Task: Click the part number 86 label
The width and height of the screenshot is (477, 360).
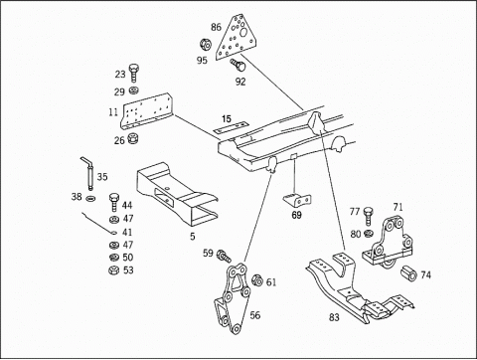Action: click(216, 27)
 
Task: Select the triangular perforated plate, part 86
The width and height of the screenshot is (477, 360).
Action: click(237, 38)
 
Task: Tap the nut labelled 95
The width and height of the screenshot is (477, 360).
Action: click(206, 45)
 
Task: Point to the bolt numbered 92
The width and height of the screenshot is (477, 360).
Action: click(238, 65)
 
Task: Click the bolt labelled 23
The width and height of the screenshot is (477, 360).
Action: click(133, 73)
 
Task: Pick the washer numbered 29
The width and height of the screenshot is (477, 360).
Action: click(134, 90)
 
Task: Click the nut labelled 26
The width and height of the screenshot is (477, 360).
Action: click(133, 138)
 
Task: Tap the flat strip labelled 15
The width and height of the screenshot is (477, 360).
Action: click(231, 128)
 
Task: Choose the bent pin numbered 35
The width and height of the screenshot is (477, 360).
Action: click(88, 173)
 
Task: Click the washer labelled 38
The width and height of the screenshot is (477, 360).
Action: click(90, 198)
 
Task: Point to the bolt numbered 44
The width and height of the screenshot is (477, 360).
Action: click(114, 202)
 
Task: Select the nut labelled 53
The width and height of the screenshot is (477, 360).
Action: click(113, 270)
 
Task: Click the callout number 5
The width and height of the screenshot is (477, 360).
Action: click(193, 237)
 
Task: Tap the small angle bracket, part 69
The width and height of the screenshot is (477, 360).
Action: click(297, 200)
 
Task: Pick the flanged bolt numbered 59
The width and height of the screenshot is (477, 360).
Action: click(224, 257)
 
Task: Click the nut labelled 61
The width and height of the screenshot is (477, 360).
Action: click(257, 280)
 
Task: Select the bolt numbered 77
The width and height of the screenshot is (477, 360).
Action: click(369, 216)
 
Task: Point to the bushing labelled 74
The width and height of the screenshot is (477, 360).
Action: click(408, 273)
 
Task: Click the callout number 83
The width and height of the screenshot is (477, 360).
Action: click(334, 317)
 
